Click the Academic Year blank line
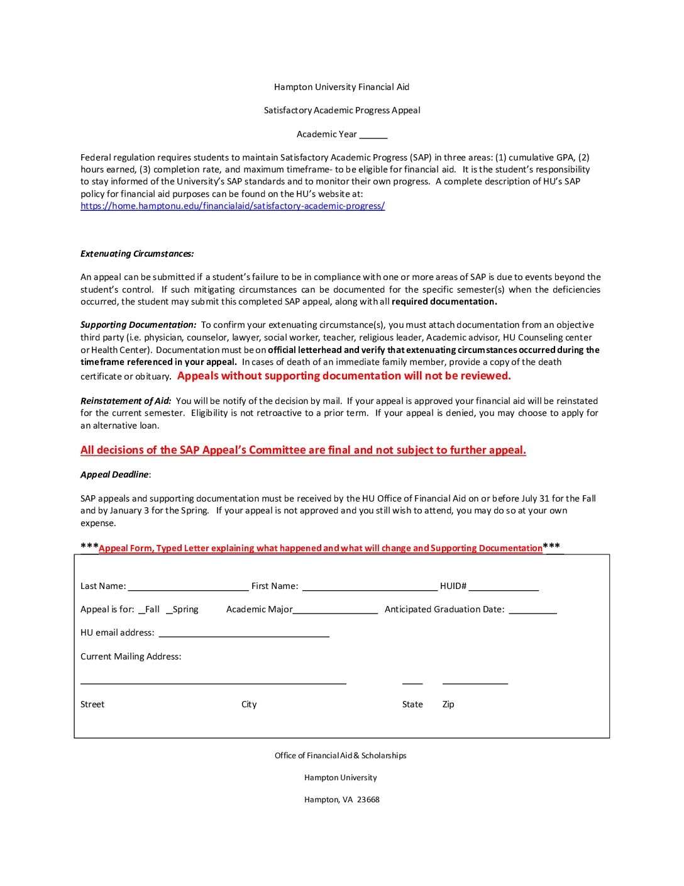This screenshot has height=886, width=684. point(373,135)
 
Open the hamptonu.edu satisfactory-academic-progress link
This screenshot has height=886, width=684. point(232,206)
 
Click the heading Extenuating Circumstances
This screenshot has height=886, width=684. point(137,254)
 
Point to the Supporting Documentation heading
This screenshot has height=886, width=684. point(138,325)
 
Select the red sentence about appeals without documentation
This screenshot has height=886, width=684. point(344,376)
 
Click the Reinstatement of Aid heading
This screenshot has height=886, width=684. point(126,401)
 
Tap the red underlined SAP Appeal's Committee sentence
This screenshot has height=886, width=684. point(303,451)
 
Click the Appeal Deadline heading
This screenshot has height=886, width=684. point(115,475)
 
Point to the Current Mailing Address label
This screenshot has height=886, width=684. point(131,657)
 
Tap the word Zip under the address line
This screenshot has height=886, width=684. point(448,705)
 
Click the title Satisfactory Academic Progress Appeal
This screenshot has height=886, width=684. point(342,111)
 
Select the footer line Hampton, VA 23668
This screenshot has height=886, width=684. point(342,800)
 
